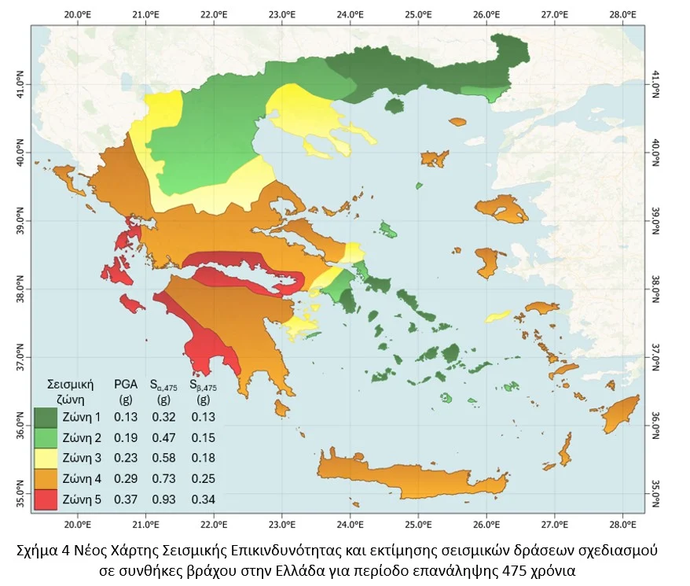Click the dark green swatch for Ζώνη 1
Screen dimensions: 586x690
46,418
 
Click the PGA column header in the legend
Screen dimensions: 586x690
126,385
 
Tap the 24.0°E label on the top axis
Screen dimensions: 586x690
350,14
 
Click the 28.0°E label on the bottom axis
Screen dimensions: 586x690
622,524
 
